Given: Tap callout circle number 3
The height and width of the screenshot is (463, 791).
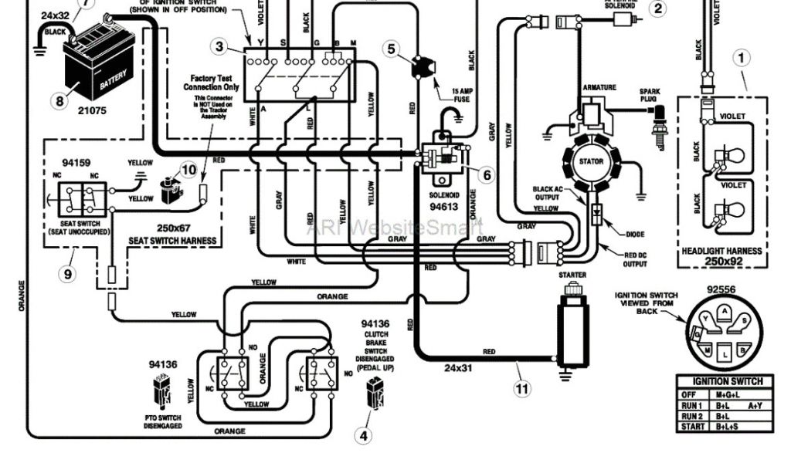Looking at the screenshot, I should tap(221, 47).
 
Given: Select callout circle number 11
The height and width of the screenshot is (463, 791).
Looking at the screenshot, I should tap(523, 389).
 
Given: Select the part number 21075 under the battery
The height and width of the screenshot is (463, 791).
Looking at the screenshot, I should tap(91, 111).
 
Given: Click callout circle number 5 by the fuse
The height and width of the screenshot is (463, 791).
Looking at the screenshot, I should tap(393, 49).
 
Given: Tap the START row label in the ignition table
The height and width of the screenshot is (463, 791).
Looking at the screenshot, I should tap(692, 427).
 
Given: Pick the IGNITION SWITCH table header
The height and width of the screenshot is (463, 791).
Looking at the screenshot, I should tap(727, 381).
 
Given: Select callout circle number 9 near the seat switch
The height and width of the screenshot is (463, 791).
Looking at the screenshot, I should tap(68, 272).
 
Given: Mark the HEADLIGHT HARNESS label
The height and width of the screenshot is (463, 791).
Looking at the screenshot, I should tap(721, 252).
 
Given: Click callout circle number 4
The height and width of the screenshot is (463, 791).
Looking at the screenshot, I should tap(363, 435).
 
